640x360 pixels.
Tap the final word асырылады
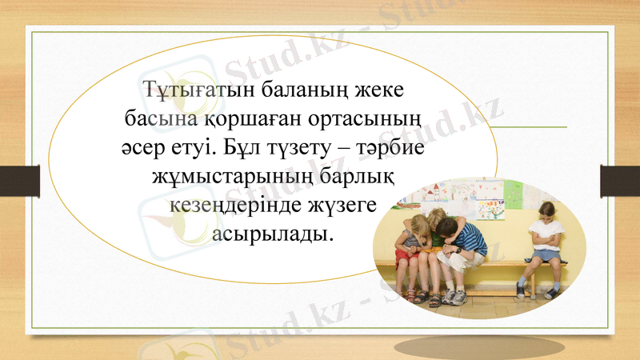click(272, 236)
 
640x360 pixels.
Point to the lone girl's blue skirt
click(546, 254)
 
